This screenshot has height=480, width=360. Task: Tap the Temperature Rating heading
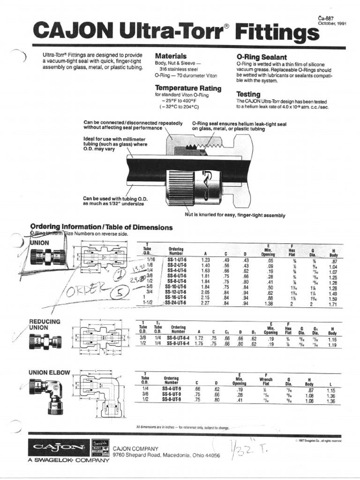[x=188, y=88]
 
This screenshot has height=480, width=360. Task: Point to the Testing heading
[x=248, y=94]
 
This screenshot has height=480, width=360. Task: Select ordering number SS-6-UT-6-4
[x=178, y=337]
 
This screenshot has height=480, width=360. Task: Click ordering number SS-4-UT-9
[x=172, y=390]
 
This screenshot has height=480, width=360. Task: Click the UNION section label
[x=39, y=243]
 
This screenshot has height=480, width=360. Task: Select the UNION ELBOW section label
[x=49, y=373]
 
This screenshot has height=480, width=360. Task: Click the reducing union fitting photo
[x=45, y=341]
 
